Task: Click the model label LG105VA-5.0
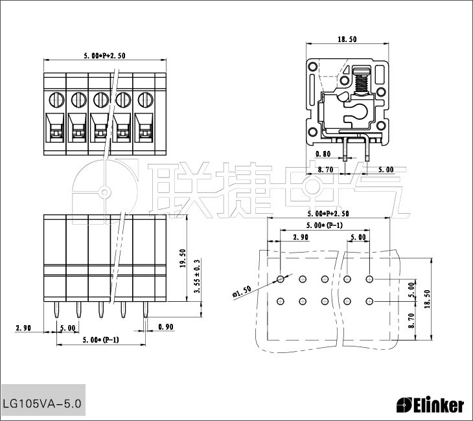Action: pos(42,404)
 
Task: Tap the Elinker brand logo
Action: pos(430,405)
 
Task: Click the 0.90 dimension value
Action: pos(165,328)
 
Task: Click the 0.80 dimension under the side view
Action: pos(323,154)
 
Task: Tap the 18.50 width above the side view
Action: pos(347,40)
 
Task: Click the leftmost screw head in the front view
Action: pos(55,100)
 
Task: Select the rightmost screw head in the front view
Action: pos(144,100)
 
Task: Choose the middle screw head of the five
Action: pos(100,100)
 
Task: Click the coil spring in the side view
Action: pos(362,82)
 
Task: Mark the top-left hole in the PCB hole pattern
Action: pos(280,279)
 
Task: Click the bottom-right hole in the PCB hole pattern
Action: pos(369,301)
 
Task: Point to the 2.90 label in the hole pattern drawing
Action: pos(300,238)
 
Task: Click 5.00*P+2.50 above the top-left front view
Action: pos(104,56)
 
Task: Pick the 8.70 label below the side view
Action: pos(325,170)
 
